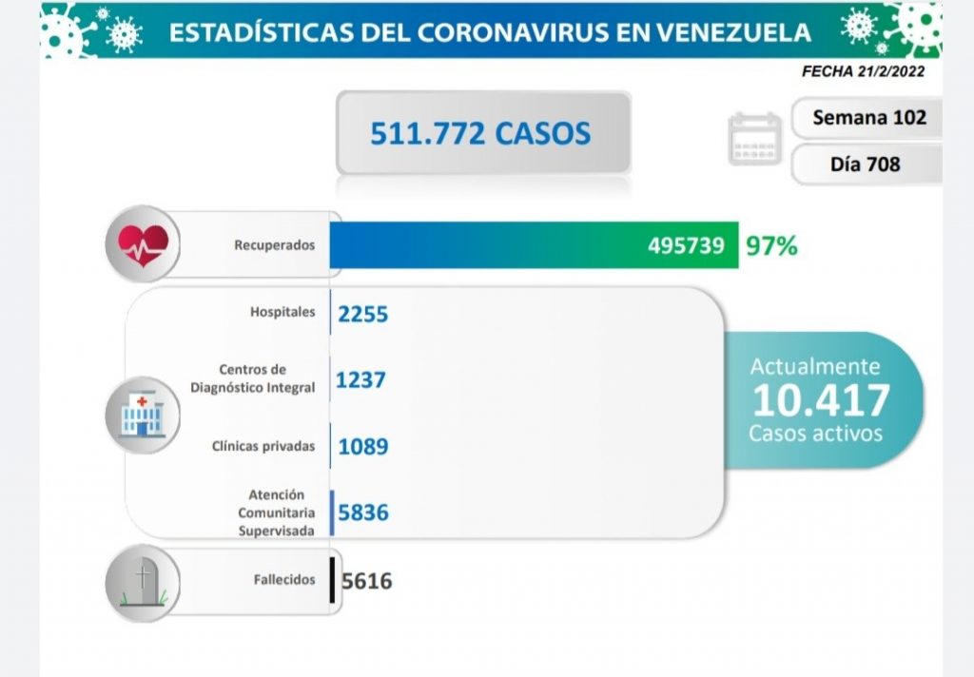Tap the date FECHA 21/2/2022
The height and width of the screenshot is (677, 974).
click(863, 71)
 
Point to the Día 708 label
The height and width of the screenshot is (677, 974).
click(865, 164)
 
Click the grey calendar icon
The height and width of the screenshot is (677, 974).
click(754, 140)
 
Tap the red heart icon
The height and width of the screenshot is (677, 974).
click(143, 244)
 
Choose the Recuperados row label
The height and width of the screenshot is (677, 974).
click(274, 245)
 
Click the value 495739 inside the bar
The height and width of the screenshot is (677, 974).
click(686, 246)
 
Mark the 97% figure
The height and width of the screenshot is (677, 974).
click(771, 246)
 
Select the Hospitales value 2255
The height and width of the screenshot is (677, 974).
click(362, 313)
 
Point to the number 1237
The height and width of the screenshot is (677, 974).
click(360, 379)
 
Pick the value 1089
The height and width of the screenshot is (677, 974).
click(362, 446)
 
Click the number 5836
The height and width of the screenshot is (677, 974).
click(362, 513)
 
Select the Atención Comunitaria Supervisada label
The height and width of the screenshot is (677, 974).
click(277, 513)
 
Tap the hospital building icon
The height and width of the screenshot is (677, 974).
click(143, 416)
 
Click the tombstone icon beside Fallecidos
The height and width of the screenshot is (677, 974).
click(143, 581)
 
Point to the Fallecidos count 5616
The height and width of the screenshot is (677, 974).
click(366, 580)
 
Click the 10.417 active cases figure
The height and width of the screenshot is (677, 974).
click(820, 400)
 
